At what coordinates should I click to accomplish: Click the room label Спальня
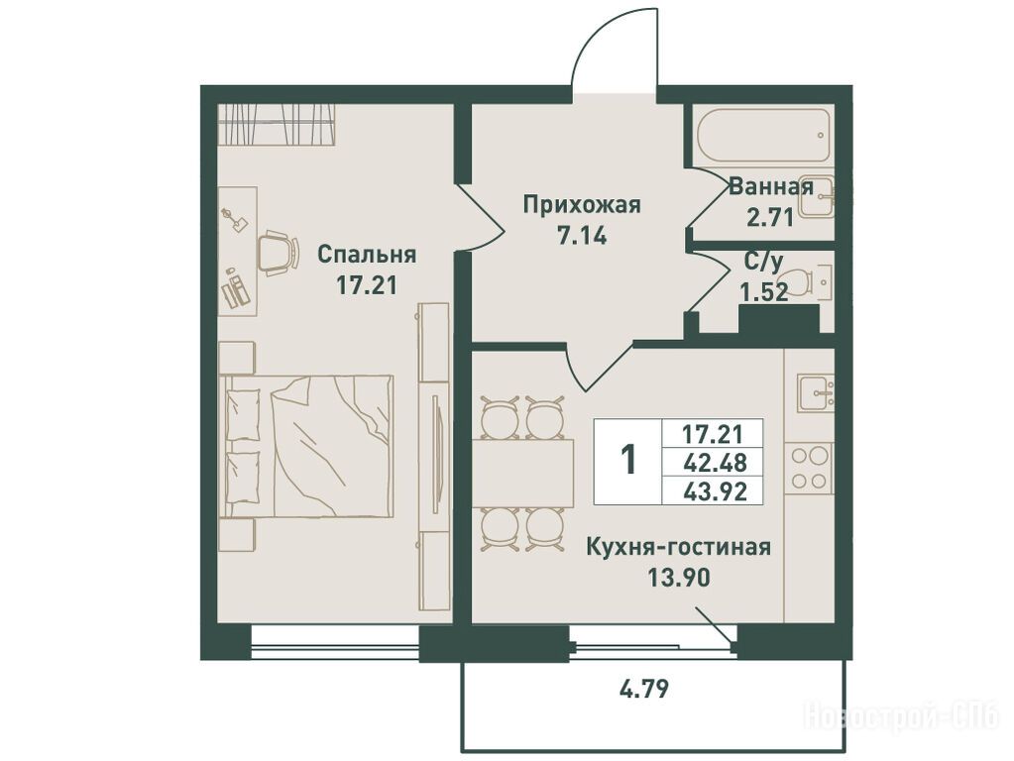coord(366,256)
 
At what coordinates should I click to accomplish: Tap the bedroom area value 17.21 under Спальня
coord(366,284)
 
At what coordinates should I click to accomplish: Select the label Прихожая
coord(582,205)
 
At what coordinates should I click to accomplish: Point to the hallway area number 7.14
coord(582,236)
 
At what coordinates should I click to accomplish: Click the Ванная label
coord(770,187)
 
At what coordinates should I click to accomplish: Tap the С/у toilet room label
coord(764,262)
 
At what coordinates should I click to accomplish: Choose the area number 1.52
coord(764,293)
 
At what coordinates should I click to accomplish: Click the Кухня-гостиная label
coord(678,547)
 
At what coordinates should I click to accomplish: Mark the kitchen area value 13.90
coord(679,577)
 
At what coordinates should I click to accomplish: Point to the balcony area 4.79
coord(643,689)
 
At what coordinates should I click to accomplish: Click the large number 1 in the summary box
coord(628,460)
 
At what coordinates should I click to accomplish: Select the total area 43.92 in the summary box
coord(715,491)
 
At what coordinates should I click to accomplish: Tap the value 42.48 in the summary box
coord(715,463)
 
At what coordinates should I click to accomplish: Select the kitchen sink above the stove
coord(815,392)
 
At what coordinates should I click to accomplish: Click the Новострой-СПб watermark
coord(902,715)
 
